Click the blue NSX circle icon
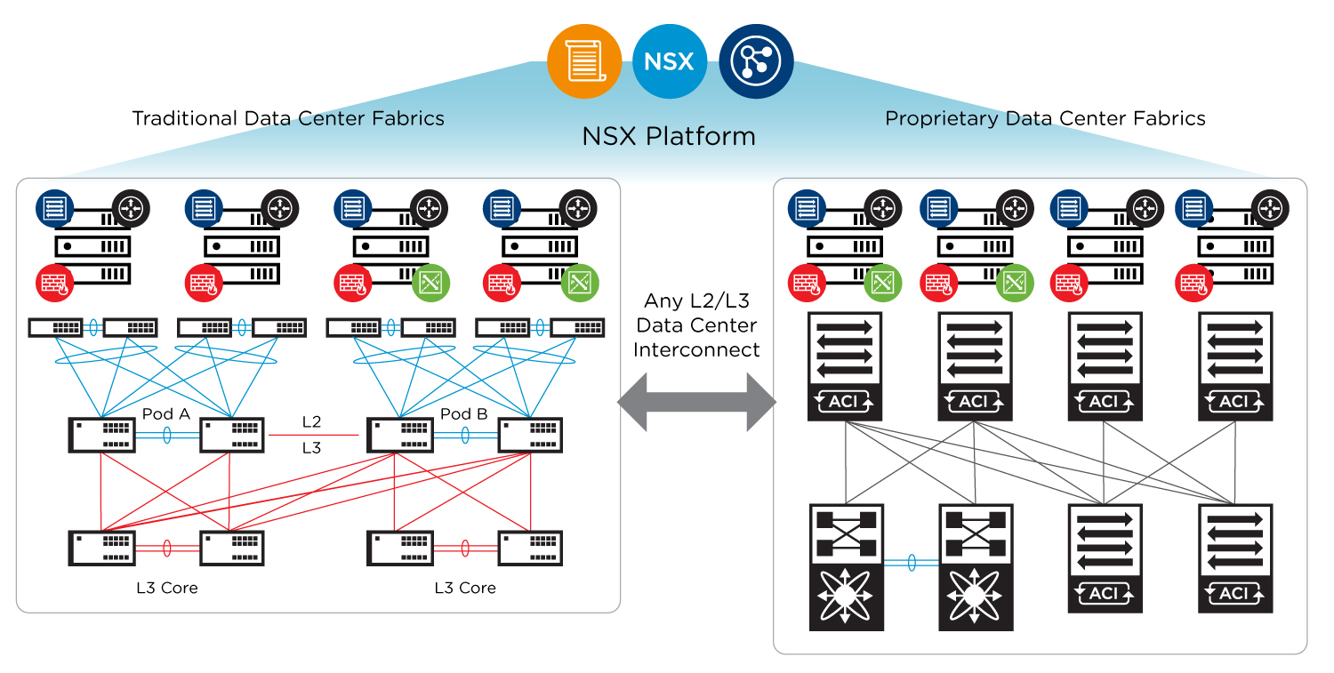tap(669, 61)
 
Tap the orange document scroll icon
tap(583, 61)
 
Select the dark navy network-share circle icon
tap(755, 61)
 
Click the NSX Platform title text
tap(668, 136)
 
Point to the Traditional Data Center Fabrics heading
tap(288, 118)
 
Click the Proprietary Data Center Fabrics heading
tap(1045, 118)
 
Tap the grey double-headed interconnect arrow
tap(696, 402)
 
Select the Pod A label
tap(166, 414)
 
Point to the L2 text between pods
tap(311, 421)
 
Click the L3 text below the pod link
tap(311, 448)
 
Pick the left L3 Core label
tap(166, 588)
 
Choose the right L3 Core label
tap(465, 588)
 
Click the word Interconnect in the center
tap(696, 350)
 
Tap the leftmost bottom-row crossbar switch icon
tap(846, 567)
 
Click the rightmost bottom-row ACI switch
tap(1234, 557)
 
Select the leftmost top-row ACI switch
tap(844, 365)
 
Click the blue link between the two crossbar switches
tap(911, 563)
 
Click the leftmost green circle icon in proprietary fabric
tap(881, 283)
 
